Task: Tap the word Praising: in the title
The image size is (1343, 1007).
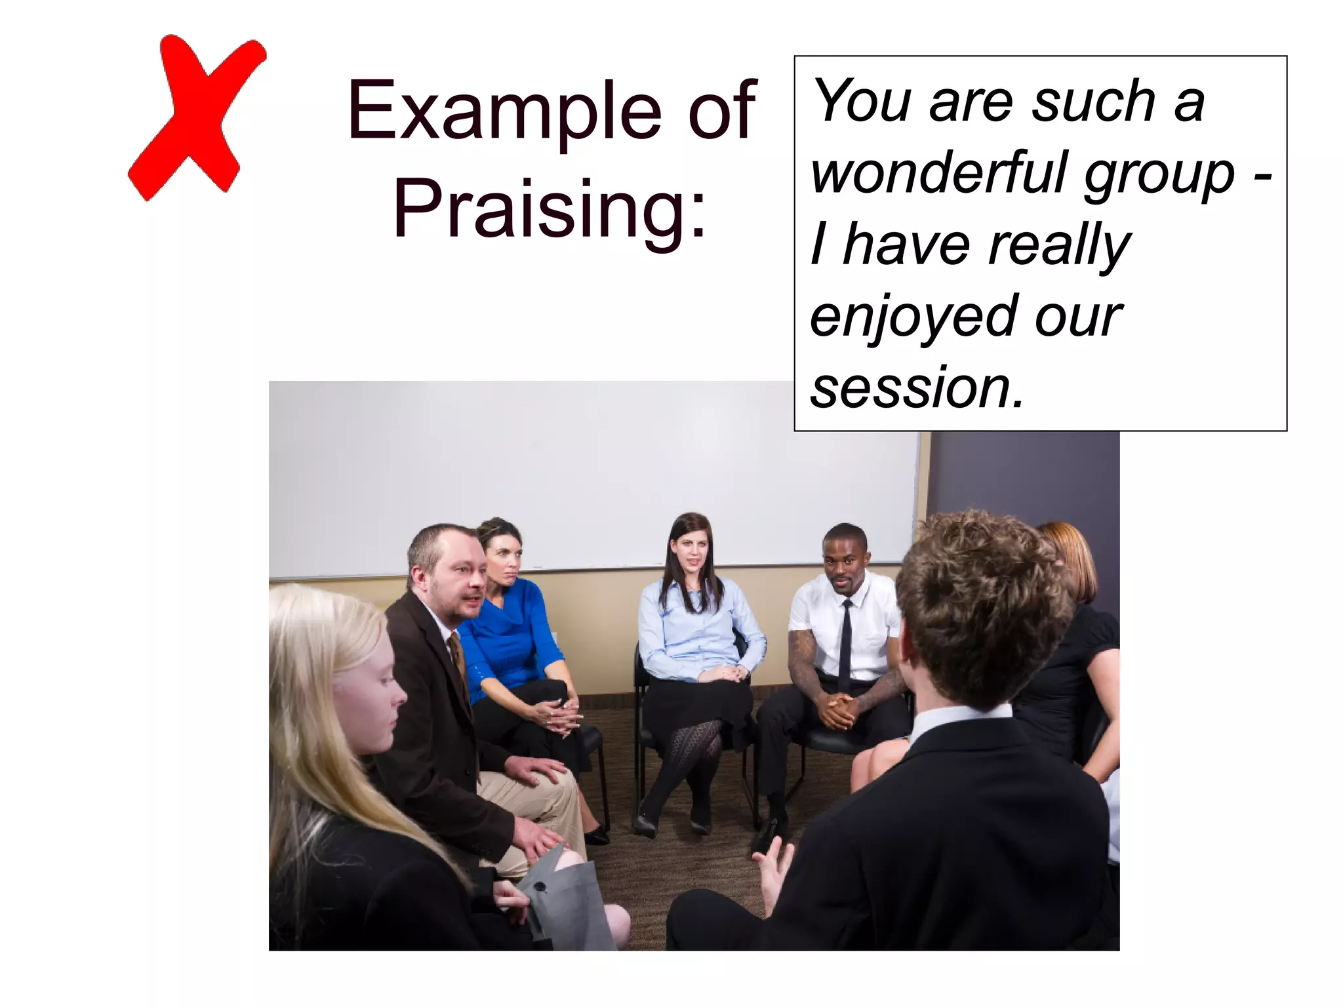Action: (x=550, y=208)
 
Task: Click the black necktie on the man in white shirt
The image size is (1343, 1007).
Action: (x=846, y=646)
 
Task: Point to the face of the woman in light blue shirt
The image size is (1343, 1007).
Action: (x=689, y=554)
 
